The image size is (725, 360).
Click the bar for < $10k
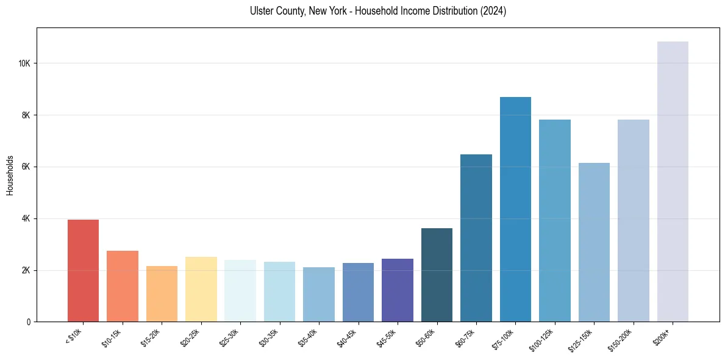click(x=83, y=270)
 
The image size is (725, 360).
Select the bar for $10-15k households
click(x=123, y=286)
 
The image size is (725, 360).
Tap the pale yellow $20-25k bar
click(x=201, y=289)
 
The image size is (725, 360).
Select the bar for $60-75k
click(x=476, y=238)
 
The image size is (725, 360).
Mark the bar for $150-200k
click(x=634, y=220)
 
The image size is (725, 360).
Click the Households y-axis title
click(x=10, y=175)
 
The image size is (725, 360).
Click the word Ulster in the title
click(x=260, y=11)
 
